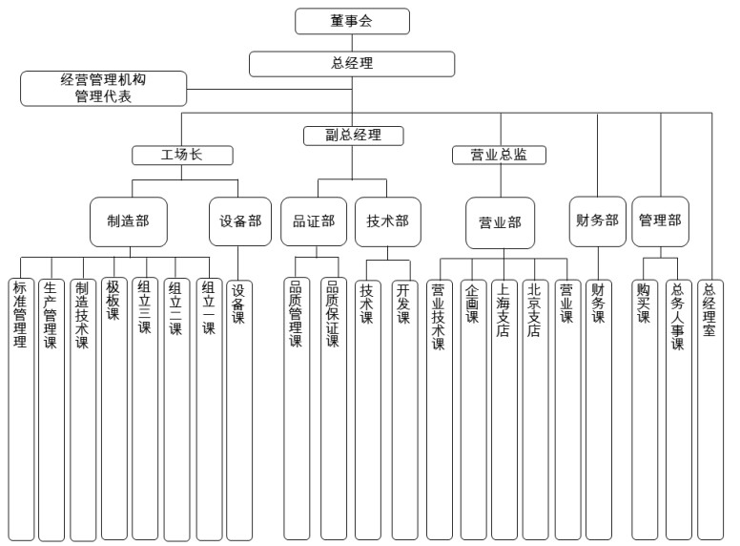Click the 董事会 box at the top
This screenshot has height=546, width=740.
(x=352, y=21)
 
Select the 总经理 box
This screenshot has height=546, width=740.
(x=352, y=64)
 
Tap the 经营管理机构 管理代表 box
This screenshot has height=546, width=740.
(x=103, y=89)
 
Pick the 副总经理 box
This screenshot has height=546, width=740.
(x=353, y=136)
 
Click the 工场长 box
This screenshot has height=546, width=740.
(x=181, y=155)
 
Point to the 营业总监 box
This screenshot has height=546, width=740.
(x=500, y=155)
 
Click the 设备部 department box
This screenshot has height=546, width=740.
(x=238, y=221)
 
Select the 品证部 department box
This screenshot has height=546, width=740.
(x=313, y=221)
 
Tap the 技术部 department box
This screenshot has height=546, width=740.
(x=387, y=221)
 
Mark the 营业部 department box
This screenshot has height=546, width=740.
(x=500, y=222)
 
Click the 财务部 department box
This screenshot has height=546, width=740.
(x=598, y=220)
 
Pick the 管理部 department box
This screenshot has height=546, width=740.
(x=660, y=220)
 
